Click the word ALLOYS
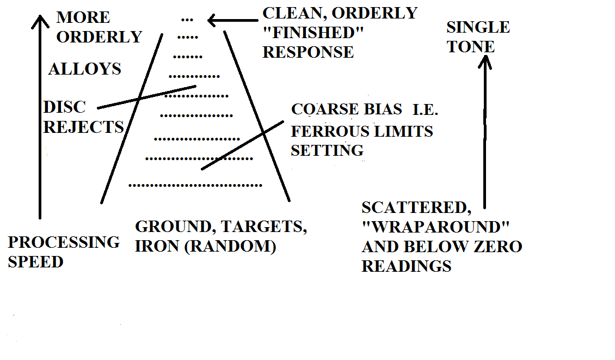coord(84,69)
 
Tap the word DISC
coord(64,107)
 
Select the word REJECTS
coord(84,127)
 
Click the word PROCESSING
coord(64,242)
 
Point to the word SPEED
coord(35,262)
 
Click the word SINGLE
coord(478,27)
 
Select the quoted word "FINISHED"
coord(313,33)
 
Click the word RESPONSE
coord(308,52)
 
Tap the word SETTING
coord(327,150)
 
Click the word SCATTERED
coord(416,208)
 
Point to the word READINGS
coord(407,266)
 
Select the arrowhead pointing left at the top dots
coord(213,21)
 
